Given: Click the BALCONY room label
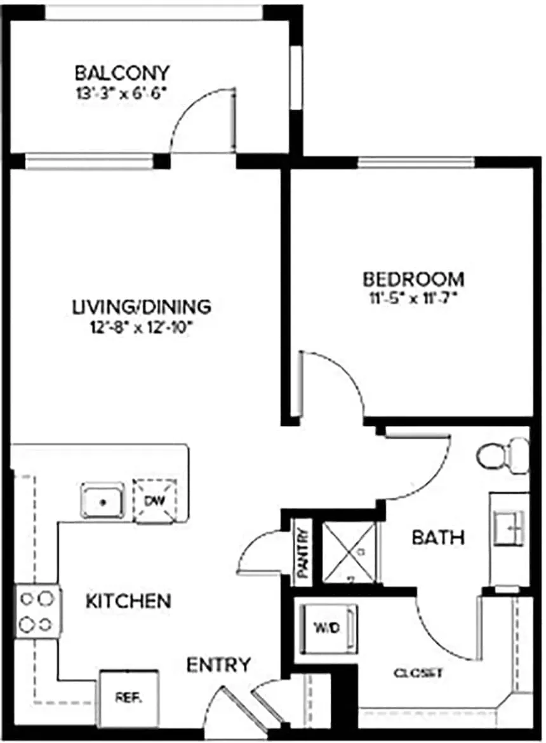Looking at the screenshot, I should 122,71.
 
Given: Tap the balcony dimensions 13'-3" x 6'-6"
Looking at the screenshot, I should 122,91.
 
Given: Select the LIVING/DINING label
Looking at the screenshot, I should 140,307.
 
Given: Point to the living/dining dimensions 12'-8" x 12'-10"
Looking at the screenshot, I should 140,328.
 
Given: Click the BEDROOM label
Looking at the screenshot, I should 413,278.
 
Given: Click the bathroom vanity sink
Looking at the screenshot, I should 510,527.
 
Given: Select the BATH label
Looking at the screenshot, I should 438,538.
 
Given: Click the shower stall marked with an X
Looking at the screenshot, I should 349,551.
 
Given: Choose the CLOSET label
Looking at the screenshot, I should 418,673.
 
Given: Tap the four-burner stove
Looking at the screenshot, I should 36,611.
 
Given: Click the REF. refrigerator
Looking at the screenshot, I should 129,696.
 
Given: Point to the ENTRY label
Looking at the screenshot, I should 218,665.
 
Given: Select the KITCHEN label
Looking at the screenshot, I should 128,600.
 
